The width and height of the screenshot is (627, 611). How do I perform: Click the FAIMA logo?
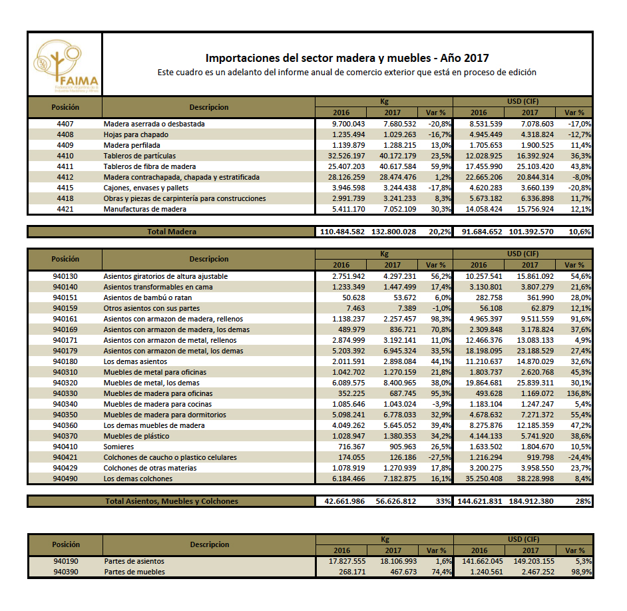(65, 65)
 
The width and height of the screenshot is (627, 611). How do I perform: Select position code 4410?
(65, 156)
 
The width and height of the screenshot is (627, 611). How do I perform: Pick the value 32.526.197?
(348, 156)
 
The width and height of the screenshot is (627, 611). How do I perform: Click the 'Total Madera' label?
(172, 232)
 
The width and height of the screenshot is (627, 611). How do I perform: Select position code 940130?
(65, 276)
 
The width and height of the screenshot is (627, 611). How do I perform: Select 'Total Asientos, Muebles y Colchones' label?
(172, 501)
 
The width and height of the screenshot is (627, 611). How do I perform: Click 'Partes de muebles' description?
(134, 572)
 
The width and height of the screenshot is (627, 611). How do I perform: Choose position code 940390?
(65, 572)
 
